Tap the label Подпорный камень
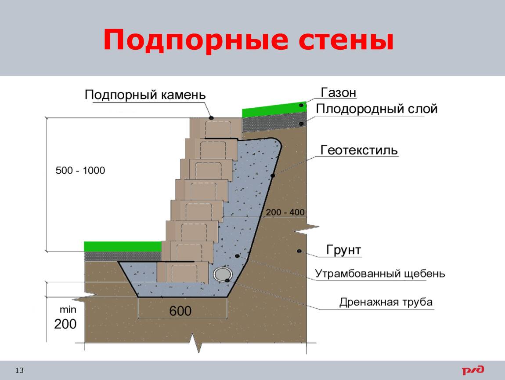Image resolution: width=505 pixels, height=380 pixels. point(145,95)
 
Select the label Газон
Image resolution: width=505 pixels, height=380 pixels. point(339,92)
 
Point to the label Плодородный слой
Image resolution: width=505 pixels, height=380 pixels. point(376,109)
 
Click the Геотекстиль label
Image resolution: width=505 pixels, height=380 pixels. point(359,150)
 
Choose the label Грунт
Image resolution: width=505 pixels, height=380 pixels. point(344,250)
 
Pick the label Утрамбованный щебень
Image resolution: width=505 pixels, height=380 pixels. point(380,274)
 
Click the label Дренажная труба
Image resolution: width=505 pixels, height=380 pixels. point(386,302)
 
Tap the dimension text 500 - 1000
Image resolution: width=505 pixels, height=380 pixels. point(80,170)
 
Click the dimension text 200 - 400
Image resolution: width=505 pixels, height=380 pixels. point(285,212)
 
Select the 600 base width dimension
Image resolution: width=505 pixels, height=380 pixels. point(180,311)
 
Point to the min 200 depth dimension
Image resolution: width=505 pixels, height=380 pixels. point(66,318)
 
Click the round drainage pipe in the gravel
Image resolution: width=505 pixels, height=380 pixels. point(223,274)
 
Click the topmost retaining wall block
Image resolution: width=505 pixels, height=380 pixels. point(216,128)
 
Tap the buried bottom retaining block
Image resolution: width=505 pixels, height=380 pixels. point(183,272)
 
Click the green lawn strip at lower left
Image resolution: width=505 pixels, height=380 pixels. point(123,246)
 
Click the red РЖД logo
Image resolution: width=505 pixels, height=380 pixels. point(473,370)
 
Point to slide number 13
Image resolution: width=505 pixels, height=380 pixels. point(19,370)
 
